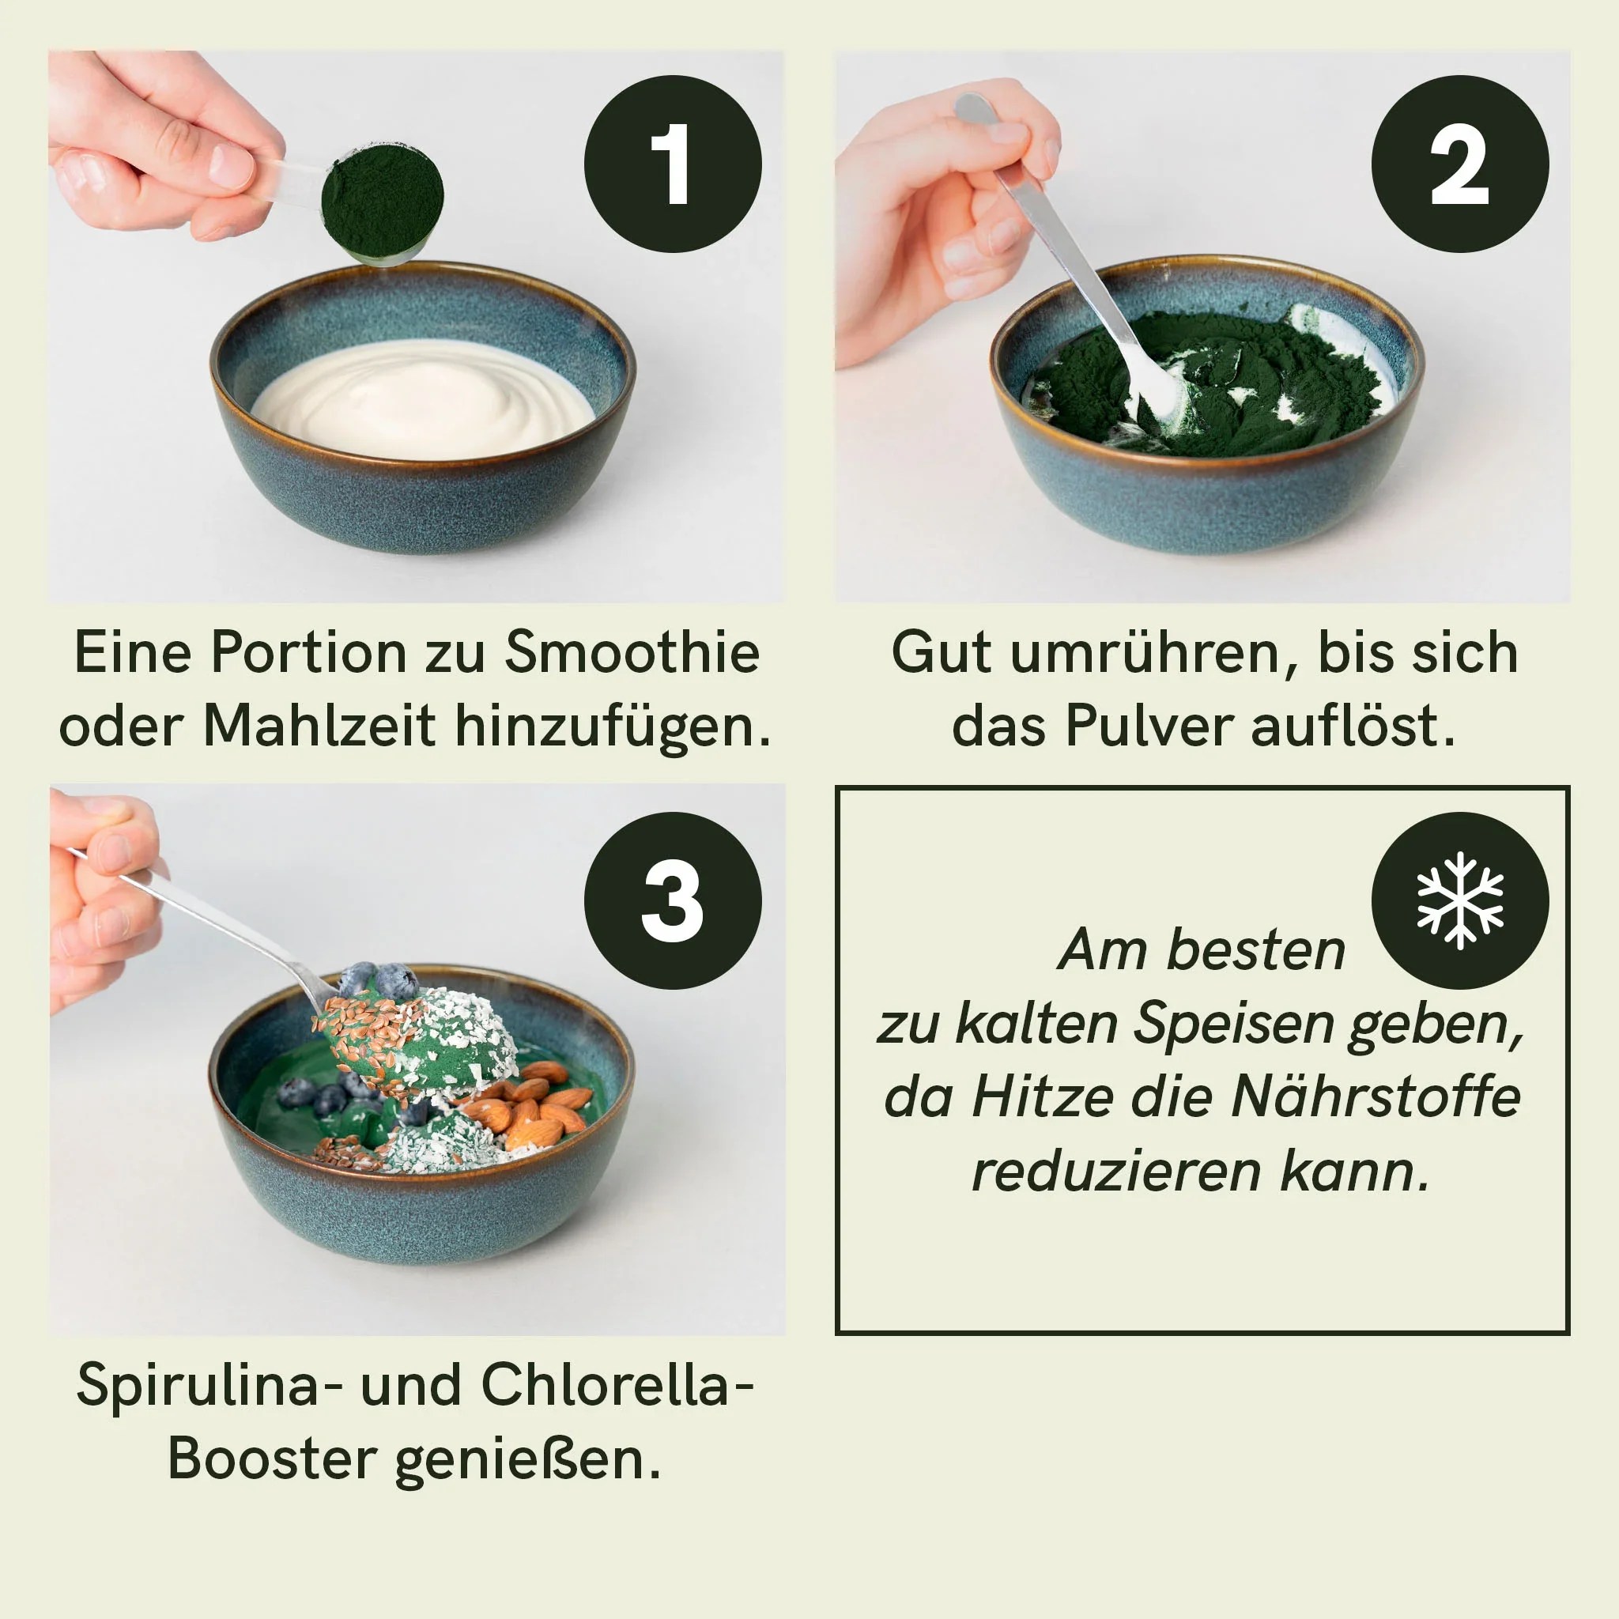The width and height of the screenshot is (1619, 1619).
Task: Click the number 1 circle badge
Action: pos(672,164)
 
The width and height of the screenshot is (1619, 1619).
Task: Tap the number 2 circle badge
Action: pos(1459,164)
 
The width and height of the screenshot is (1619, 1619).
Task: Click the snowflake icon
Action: pos(1460,901)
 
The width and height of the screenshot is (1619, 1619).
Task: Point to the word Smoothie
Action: pos(632,652)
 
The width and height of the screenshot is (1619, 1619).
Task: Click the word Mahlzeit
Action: pos(319,726)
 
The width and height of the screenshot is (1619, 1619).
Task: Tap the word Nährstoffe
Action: pos(1376,1096)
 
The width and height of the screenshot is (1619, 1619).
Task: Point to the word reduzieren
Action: pos(1116,1171)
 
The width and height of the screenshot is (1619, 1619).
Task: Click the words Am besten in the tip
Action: pos(1201,950)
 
